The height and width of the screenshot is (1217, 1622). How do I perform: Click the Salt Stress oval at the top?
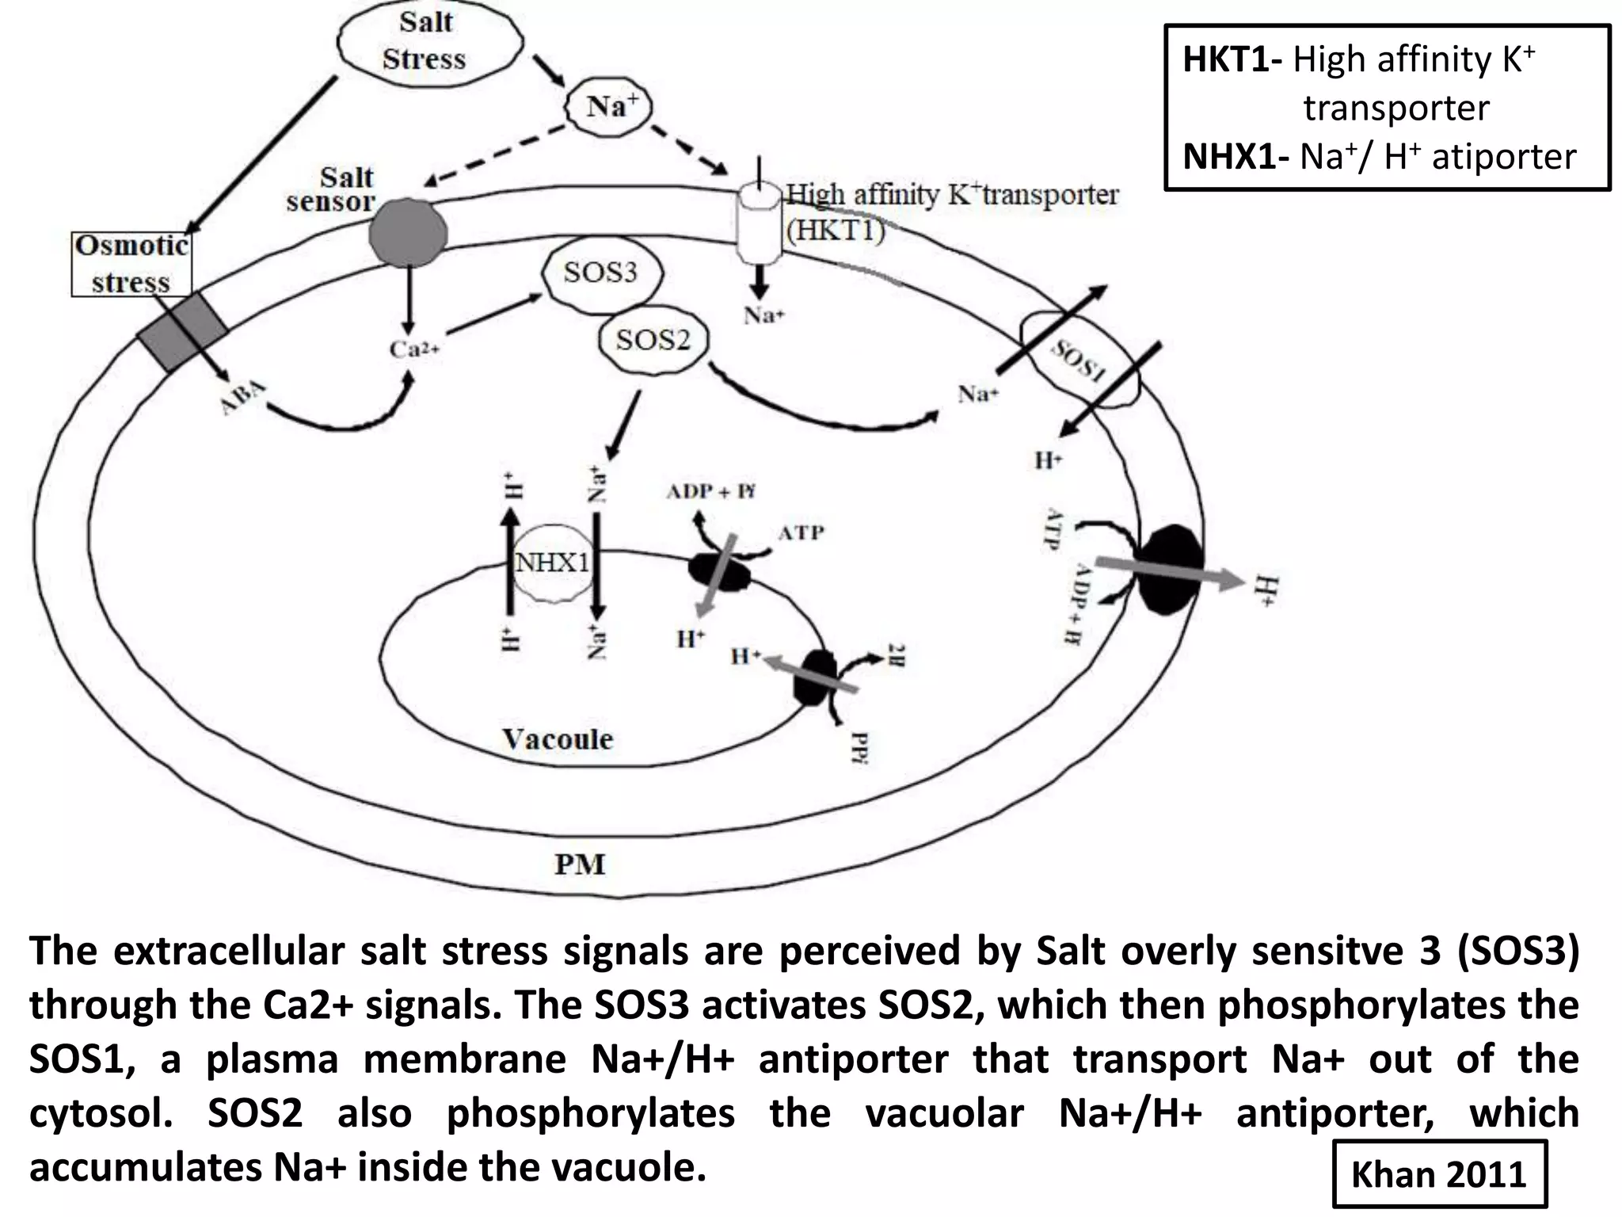click(428, 41)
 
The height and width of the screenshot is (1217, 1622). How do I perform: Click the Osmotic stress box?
click(131, 264)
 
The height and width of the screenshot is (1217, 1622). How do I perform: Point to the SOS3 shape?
click(600, 273)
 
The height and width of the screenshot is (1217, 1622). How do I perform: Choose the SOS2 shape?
click(653, 341)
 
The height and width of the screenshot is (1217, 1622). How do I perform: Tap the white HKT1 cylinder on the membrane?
click(759, 225)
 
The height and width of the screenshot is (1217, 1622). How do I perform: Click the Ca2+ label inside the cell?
click(413, 349)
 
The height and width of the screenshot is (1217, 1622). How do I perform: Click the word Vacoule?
click(558, 739)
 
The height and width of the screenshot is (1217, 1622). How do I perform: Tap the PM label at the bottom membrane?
click(580, 864)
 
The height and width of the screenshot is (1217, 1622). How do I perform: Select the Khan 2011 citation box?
click(1438, 1173)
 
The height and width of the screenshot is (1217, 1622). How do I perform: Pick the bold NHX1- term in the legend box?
click(1236, 157)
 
